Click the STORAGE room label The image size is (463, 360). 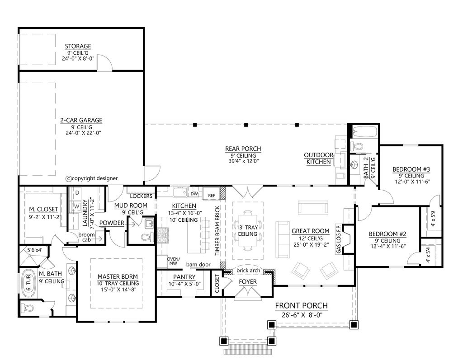tap(78, 46)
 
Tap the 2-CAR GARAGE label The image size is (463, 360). tap(81, 120)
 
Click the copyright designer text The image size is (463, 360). tap(92, 178)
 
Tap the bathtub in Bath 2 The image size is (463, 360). tap(364, 132)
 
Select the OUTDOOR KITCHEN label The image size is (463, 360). tap(318, 158)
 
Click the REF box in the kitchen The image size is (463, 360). tap(211, 195)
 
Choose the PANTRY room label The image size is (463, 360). tap(184, 277)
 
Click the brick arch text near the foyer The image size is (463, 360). tap(248, 271)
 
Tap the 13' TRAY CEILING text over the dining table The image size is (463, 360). tap(247, 230)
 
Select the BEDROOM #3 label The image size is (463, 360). tap(409, 169)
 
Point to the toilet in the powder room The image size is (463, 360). tap(145, 237)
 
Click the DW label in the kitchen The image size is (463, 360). tap(194, 194)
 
